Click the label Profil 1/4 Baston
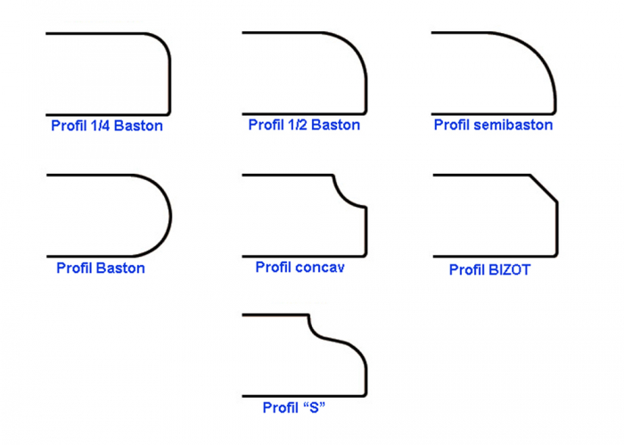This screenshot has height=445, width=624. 106,126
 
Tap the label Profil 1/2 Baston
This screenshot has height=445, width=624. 304,125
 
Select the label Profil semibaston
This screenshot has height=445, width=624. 493,125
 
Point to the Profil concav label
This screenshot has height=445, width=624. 300,268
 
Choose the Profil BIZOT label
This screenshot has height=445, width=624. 489,269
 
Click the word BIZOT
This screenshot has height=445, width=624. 509,269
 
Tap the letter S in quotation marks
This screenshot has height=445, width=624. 313,408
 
